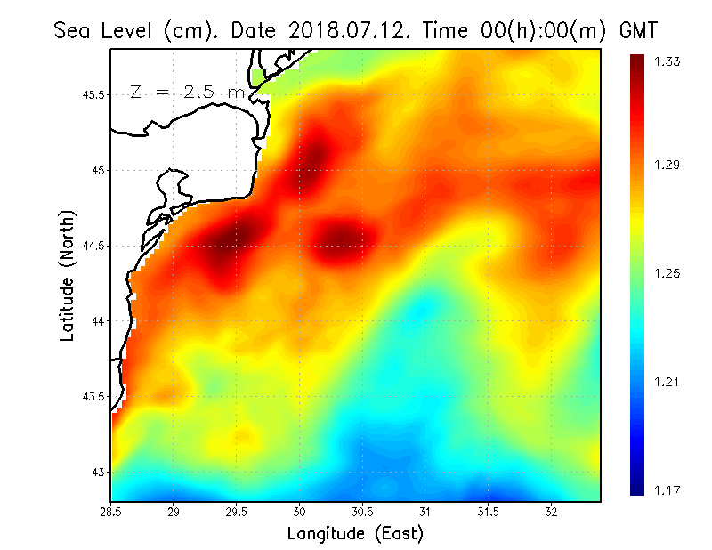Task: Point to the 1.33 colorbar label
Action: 667,61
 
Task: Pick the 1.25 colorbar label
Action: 667,273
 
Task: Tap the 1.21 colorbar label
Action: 667,382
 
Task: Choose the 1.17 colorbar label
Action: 667,490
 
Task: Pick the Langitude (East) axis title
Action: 355,533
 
